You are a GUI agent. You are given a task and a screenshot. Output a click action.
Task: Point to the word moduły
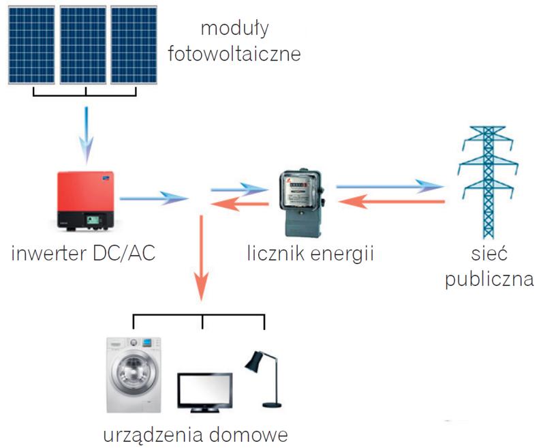[x=236, y=29]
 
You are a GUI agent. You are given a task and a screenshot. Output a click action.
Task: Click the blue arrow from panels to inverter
[x=85, y=130]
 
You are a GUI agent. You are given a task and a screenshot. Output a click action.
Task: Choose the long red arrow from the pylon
[x=392, y=202]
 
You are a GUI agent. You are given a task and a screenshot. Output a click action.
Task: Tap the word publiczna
[x=488, y=280]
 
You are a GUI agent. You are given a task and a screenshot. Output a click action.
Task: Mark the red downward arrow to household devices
[x=202, y=259]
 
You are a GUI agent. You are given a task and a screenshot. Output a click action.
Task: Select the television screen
[x=204, y=389]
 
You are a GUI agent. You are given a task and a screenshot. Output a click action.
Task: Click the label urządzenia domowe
[x=196, y=434]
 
